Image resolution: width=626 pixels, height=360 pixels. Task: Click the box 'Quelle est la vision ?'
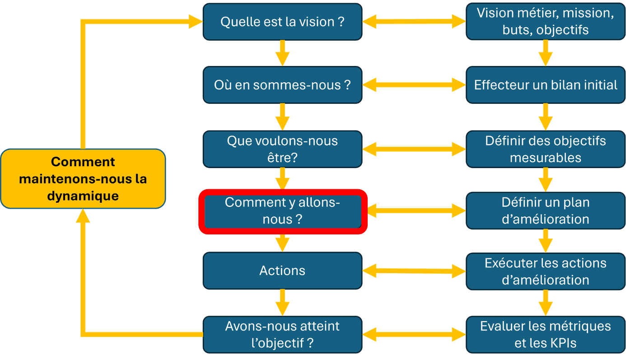pos(283,22)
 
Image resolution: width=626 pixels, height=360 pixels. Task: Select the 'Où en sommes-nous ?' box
pos(283,85)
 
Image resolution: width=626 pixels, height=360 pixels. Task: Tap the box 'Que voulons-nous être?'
pos(283,149)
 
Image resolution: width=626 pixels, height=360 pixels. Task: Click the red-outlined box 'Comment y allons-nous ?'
pos(283,211)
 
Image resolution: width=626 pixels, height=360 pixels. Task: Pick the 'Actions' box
pos(283,271)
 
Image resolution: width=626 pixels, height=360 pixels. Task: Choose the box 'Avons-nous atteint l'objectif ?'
pos(283,335)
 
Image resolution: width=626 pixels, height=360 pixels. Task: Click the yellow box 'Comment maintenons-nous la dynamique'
pos(83,178)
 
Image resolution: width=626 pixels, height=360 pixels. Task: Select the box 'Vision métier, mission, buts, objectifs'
pos(546,22)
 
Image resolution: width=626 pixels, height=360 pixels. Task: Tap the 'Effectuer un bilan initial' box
pos(546,85)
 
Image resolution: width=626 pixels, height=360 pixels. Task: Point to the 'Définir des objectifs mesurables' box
pos(546,149)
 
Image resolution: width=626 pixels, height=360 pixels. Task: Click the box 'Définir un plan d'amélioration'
pos(546,211)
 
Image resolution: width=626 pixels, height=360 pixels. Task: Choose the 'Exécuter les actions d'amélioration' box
pos(546,271)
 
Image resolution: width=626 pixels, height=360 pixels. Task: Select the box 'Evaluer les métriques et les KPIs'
pos(546,335)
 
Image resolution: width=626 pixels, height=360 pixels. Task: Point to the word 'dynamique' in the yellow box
pos(83,196)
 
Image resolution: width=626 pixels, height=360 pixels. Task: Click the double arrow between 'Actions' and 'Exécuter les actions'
pos(414,271)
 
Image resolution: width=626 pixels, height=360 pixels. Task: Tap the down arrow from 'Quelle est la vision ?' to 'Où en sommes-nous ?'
pos(283,53)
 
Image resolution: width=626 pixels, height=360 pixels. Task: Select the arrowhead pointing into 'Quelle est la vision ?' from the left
pos(196,22)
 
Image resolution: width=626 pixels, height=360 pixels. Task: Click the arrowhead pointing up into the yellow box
pos(83,215)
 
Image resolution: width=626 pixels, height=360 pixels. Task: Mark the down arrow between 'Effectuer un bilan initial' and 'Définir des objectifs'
pos(546,117)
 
